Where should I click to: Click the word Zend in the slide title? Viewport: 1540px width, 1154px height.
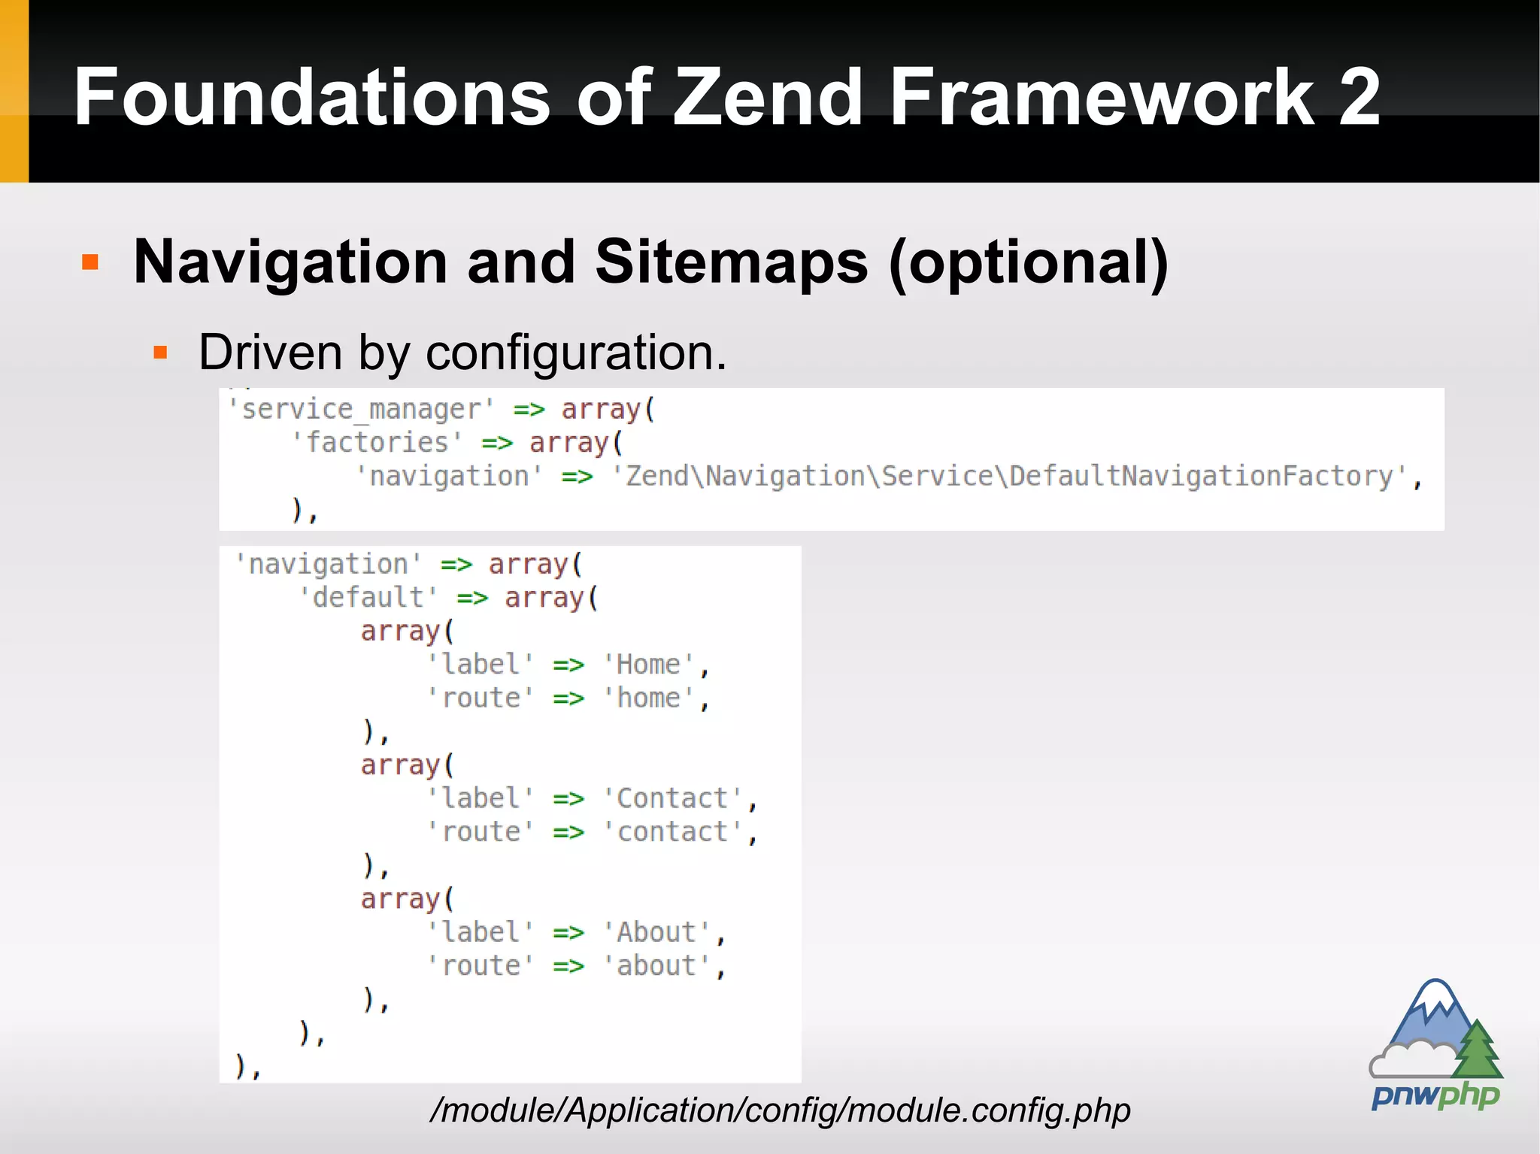click(767, 97)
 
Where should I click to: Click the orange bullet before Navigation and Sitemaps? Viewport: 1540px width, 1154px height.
click(90, 262)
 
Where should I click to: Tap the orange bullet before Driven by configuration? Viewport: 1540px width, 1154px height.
click(159, 352)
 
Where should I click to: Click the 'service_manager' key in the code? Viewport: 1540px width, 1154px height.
click(361, 410)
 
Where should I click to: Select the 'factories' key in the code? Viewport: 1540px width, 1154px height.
click(377, 443)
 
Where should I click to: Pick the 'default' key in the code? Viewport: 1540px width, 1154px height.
click(368, 598)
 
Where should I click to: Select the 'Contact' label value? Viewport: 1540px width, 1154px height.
click(673, 798)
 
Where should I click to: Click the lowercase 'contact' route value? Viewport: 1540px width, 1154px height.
click(673, 832)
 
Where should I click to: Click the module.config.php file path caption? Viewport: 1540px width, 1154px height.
click(780, 1110)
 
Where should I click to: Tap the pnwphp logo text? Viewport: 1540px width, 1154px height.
click(1435, 1095)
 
